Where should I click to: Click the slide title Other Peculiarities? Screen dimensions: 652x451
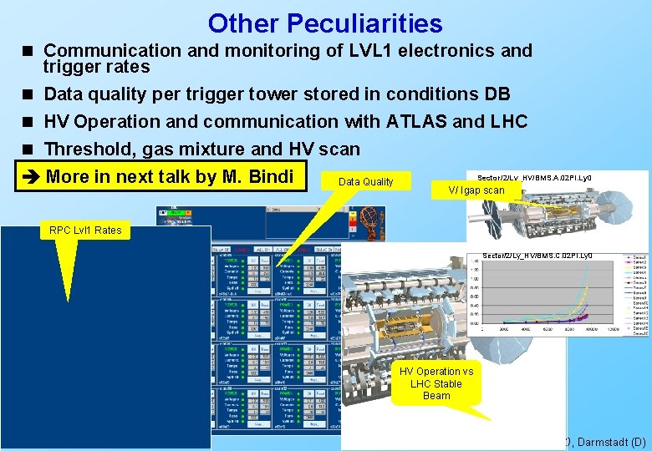click(325, 23)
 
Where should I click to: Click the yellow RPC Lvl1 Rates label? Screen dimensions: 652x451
click(85, 230)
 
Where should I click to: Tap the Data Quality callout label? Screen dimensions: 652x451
click(365, 181)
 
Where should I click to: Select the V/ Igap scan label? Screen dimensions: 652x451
click(476, 190)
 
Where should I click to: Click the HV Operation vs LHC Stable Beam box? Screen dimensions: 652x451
click(436, 383)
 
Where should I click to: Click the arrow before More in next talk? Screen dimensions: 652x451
click(30, 176)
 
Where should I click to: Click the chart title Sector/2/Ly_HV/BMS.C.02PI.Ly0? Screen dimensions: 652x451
click(538, 255)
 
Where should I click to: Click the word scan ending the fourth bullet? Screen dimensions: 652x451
click(339, 149)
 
